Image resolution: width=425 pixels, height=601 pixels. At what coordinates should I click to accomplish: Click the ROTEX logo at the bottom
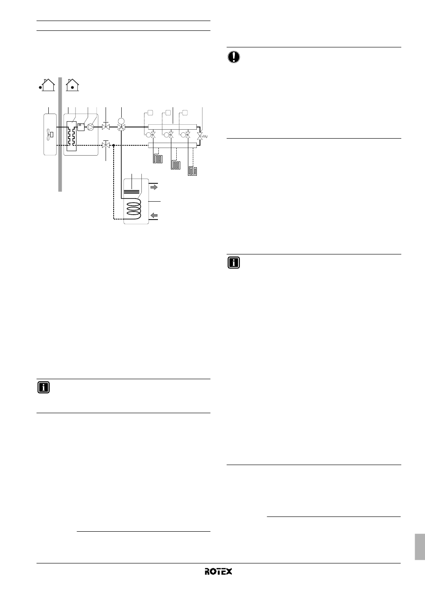pos(219,572)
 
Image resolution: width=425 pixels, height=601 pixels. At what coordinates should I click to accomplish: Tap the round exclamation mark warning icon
pos(234,57)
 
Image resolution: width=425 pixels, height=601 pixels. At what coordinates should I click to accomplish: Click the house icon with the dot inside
pos(72,84)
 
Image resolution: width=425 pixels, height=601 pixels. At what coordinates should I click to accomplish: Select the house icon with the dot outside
pos(47,84)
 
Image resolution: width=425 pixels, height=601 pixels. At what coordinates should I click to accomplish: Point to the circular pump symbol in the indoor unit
pos(90,127)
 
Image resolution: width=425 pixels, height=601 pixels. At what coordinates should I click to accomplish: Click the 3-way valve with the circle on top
pos(121,127)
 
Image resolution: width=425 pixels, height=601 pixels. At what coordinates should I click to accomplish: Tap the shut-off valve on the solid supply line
pos(106,127)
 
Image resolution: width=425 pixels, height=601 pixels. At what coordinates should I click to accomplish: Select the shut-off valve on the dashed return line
pos(106,145)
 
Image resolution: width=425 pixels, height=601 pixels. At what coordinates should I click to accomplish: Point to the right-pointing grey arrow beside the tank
pos(154,188)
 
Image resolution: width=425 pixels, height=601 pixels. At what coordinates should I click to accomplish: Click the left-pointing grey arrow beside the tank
pos(154,216)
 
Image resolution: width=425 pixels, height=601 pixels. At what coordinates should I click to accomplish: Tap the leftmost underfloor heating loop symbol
pos(158,159)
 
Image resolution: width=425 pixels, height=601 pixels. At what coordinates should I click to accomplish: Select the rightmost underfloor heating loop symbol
pos(193,171)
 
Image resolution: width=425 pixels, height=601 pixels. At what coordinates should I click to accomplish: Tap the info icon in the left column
pos(43,387)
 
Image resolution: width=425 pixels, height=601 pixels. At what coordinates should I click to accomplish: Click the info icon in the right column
pos(234,262)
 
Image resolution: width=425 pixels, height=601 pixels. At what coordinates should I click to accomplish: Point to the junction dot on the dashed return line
pos(114,145)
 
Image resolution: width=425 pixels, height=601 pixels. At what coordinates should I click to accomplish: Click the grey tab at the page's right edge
pos(419,546)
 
